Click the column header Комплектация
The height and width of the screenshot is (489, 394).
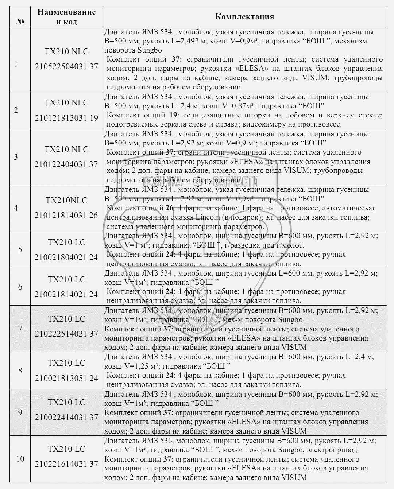point(244,16)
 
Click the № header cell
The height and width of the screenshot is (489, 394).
point(20,22)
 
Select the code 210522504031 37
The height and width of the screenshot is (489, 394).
point(66,66)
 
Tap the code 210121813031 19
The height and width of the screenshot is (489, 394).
point(66,118)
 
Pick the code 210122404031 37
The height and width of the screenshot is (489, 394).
point(66,164)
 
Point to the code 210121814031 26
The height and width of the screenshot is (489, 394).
point(66,216)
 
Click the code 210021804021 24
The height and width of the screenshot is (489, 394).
point(66,257)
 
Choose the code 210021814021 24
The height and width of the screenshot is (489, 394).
point(66,295)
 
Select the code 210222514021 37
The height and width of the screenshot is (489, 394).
point(66,334)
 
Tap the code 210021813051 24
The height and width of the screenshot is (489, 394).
point(66,378)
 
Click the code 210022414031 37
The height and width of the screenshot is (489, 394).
point(66,418)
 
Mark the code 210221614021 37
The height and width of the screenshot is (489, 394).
point(66,464)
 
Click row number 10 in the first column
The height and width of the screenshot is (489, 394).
point(20,459)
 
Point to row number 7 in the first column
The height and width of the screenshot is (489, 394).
point(20,329)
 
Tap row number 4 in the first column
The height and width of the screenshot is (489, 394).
point(16,208)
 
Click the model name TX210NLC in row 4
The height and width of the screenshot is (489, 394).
point(66,201)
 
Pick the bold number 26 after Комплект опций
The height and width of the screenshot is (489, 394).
point(169,208)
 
